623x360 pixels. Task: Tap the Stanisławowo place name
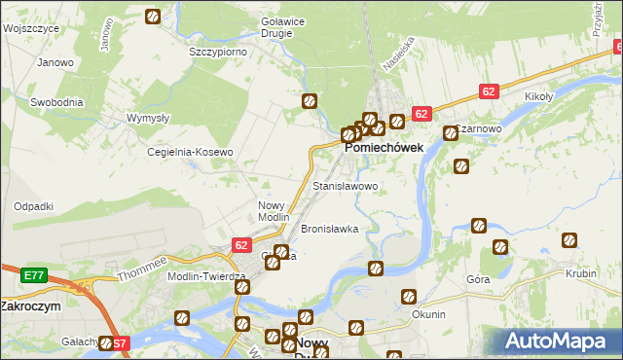[x=345, y=185]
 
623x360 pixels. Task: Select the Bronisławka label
[x=330, y=229]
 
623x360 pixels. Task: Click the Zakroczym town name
[x=30, y=305]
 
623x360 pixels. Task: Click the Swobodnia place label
[x=56, y=102]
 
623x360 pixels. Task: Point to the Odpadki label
[x=33, y=206]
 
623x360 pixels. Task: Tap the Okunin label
[x=428, y=314]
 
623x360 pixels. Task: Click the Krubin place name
[x=580, y=273]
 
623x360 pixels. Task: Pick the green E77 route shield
[x=10, y=275]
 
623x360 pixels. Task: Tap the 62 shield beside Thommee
[x=241, y=246]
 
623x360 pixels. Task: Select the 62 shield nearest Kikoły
[x=490, y=91]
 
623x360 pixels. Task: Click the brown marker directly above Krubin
[x=569, y=240]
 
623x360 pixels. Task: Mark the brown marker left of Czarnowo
[x=451, y=133]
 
